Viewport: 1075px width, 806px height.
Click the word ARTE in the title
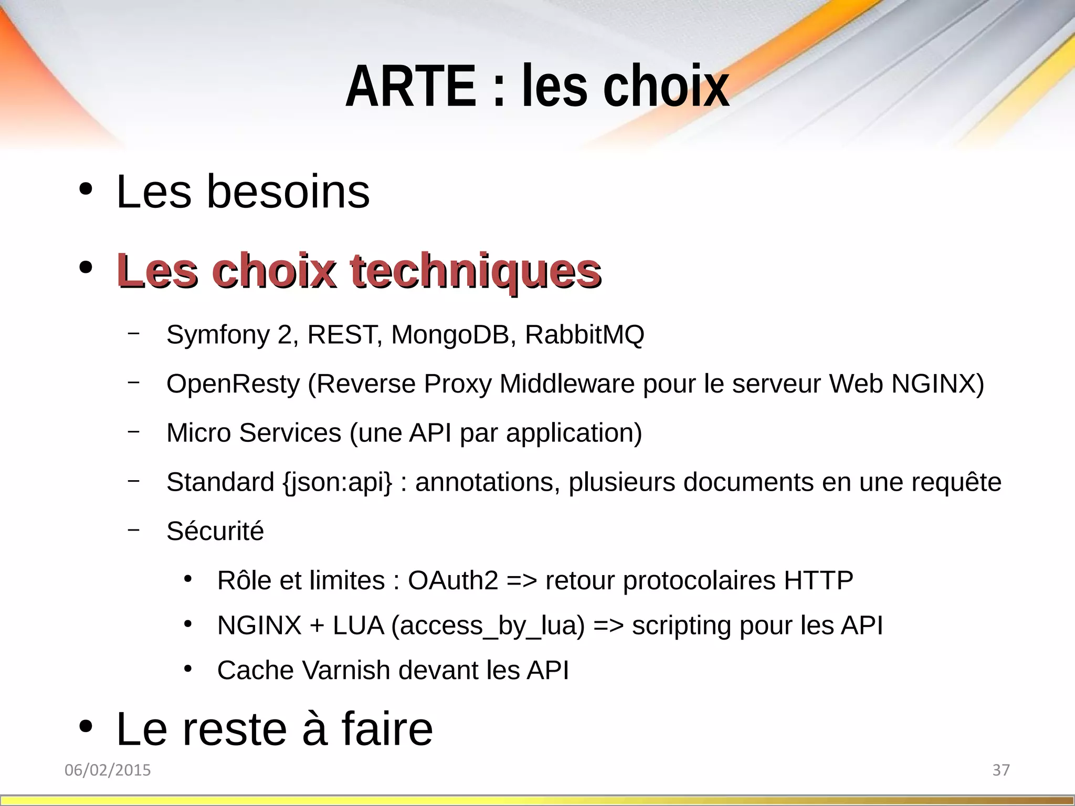410,86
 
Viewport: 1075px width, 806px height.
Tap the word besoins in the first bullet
288,192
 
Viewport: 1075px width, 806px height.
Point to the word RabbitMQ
584,335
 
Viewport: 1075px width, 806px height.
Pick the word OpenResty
233,384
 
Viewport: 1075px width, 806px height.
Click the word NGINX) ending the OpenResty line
937,384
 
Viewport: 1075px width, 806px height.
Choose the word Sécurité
215,531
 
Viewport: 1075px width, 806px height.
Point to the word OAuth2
453,580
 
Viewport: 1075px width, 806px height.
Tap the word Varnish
346,670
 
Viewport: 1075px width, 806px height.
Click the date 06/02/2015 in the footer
108,770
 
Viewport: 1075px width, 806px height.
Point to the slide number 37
1001,770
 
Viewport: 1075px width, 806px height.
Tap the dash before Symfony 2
133,333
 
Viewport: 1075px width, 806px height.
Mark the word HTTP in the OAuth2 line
818,580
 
